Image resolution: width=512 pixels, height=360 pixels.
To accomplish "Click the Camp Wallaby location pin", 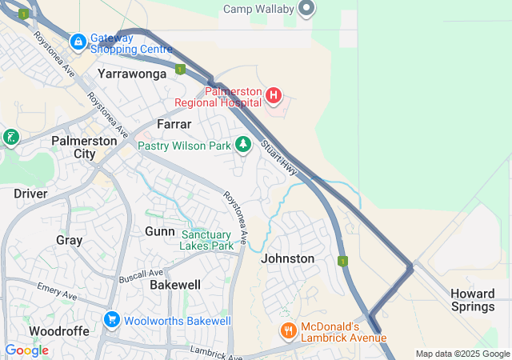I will coord(306,10).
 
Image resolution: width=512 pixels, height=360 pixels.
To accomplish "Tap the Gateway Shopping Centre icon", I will coord(78,41).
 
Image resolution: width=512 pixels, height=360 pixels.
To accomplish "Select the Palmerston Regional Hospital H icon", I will coord(274,97).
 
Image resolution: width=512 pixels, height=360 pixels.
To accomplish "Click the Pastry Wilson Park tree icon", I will coord(243,145).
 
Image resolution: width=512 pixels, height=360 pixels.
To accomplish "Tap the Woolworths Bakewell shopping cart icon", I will coord(111,320).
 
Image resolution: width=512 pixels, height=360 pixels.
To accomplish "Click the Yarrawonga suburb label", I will coord(132,74).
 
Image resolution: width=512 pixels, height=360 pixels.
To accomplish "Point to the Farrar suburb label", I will coord(174,125).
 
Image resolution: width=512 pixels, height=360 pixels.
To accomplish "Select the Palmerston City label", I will coord(84,146).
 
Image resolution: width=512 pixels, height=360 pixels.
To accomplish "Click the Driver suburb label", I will coord(30,194).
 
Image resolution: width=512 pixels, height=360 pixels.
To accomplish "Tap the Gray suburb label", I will coord(69,240).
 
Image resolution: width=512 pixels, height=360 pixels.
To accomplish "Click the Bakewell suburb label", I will coord(175,284).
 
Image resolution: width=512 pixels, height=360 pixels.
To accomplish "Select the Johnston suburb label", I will coord(287,258).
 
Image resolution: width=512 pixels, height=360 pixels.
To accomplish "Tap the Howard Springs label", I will coord(472,300).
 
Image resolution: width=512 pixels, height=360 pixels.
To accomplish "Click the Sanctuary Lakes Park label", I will coord(207,240).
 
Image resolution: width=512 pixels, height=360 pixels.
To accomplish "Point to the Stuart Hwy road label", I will coord(278,158).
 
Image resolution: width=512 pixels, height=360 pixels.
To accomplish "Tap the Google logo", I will coord(26,350).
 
